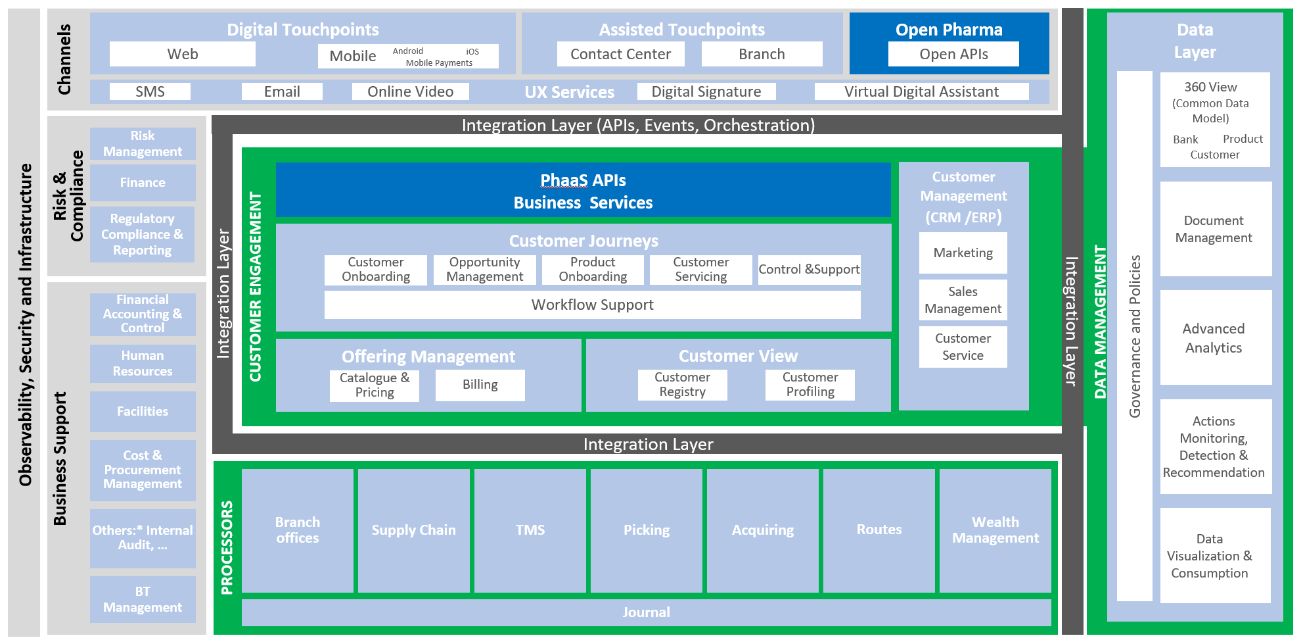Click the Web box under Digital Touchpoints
[182, 54]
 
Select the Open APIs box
[953, 54]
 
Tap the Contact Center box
[620, 54]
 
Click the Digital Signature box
[706, 91]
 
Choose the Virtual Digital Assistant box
[921, 91]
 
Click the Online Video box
[410, 91]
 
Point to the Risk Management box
[143, 143]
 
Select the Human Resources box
[143, 363]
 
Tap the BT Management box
[143, 599]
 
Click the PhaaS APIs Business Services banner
[583, 191]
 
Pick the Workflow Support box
[592, 305]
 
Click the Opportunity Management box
[484, 270]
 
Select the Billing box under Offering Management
[480, 385]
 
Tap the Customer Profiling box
[810, 385]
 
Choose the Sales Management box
[963, 300]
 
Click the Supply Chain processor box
[413, 530]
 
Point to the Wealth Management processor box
[995, 530]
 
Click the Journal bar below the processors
[646, 612]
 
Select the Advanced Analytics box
[1213, 338]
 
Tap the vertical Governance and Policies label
[1135, 336]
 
